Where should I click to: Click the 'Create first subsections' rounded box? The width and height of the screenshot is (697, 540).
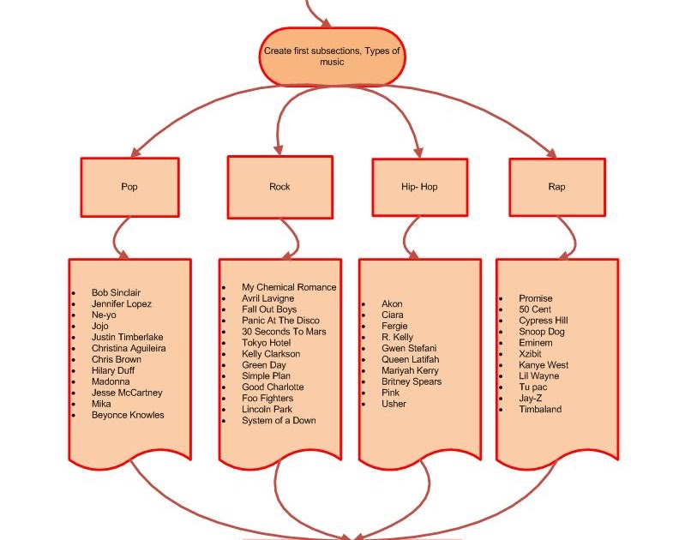point(332,57)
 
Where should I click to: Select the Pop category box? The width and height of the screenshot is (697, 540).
point(129,186)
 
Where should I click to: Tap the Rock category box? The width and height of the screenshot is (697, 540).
point(279,186)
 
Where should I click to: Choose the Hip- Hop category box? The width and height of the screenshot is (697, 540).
point(419,187)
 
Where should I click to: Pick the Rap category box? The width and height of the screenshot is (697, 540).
point(556,186)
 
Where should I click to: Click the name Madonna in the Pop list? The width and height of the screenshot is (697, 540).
point(111,381)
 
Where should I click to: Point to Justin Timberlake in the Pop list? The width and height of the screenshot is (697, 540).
point(127,337)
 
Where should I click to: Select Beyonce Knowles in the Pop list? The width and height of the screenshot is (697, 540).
point(128,415)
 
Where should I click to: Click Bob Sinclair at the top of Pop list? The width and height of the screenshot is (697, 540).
point(116,292)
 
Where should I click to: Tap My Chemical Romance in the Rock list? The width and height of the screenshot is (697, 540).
point(289,287)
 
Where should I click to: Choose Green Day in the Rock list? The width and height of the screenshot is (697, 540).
point(264,365)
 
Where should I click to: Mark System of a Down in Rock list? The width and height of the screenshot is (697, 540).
point(279,421)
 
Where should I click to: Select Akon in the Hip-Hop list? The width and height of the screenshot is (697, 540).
point(392,303)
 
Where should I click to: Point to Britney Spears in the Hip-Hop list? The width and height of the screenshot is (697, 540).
point(412,381)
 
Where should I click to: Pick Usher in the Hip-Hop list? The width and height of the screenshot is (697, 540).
point(394,404)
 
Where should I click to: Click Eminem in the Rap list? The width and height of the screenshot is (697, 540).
point(536,343)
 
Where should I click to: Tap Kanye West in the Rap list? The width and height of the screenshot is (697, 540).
point(544,365)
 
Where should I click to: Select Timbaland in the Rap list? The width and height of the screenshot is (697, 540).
point(540,410)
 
